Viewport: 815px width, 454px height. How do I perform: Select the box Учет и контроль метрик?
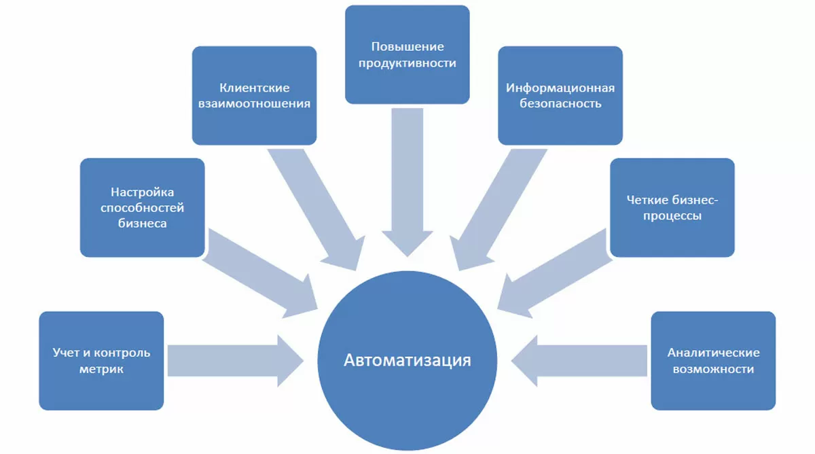(101, 360)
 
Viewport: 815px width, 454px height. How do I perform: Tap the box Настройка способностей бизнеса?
(142, 207)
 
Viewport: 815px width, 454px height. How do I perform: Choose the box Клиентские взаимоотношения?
(254, 95)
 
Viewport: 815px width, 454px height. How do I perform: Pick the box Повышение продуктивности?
(407, 54)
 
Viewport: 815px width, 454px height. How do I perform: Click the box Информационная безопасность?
(560, 95)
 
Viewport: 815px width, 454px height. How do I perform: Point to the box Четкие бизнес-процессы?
(672, 207)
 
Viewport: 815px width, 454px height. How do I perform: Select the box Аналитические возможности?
(713, 360)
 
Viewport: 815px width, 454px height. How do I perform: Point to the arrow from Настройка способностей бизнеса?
(265, 272)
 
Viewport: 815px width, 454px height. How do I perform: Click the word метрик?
(101, 369)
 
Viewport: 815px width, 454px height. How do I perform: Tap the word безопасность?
(560, 104)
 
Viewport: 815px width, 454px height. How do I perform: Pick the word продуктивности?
(407, 63)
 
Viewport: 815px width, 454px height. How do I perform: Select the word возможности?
(713, 369)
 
